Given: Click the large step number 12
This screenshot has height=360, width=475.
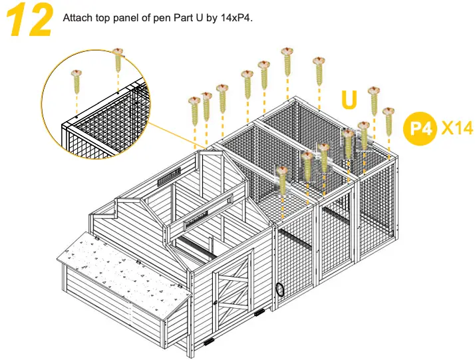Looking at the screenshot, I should tap(30, 21).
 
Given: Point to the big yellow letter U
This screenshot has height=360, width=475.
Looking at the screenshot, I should tap(350, 99).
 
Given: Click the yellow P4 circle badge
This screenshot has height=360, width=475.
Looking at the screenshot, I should tap(421, 128).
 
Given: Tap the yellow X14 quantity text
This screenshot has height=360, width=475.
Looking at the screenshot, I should tap(457, 127).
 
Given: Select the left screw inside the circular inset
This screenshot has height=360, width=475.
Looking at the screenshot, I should tap(77, 81).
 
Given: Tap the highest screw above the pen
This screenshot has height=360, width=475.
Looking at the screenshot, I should tap(287, 60).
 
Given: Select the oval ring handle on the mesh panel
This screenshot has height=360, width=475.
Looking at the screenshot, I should tap(281, 289).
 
